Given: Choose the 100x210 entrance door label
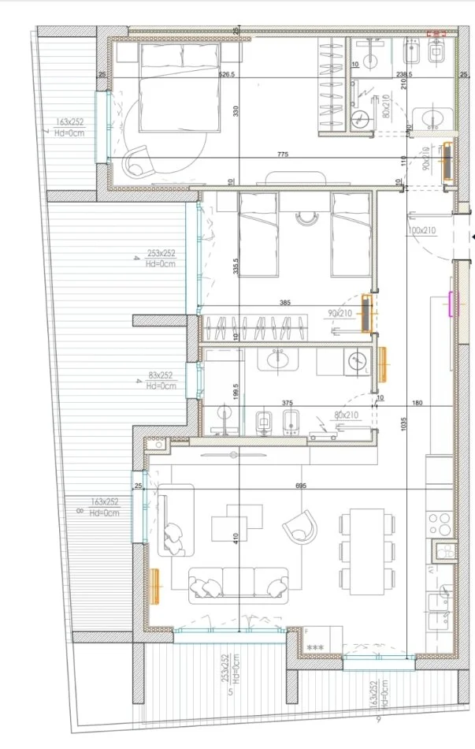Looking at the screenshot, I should click(421, 230).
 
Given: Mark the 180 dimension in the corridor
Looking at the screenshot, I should click(417, 403).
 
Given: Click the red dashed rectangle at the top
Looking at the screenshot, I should click(436, 34).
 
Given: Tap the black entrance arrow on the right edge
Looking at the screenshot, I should click(471, 237).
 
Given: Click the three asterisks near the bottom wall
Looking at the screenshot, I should click(315, 647).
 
